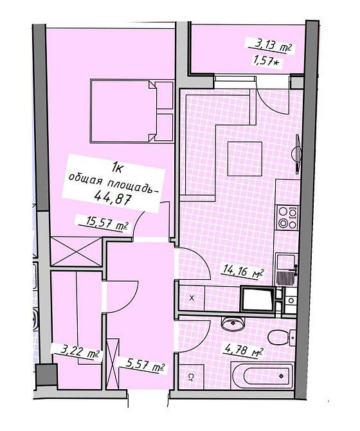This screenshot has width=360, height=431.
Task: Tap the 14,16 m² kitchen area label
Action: click(x=243, y=271)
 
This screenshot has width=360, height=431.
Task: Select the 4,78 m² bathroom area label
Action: click(x=244, y=351)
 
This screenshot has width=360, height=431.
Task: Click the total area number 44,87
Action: click(x=112, y=197)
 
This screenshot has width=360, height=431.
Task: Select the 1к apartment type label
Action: click(x=117, y=167)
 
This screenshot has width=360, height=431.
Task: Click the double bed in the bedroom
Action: click(x=132, y=111)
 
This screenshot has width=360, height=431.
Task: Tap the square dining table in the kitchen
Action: click(x=245, y=159)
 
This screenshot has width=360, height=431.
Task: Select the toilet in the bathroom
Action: click(x=282, y=337)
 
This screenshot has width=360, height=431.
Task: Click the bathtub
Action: click(x=262, y=376)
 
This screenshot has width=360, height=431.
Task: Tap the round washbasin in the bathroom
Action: click(x=232, y=324)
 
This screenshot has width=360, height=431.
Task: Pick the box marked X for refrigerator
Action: click(x=192, y=298)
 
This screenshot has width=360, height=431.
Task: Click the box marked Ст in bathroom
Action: click(x=192, y=376)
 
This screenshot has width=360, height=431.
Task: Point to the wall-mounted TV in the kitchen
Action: click(x=298, y=154)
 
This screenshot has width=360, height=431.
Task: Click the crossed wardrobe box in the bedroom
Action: click(x=76, y=252)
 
